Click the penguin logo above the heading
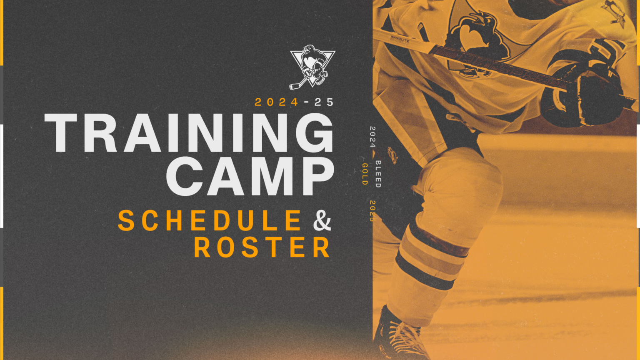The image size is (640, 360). pyautogui.click(x=312, y=67)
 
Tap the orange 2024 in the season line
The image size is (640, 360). pyautogui.click(x=277, y=102)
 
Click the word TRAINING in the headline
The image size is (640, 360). pyautogui.click(x=190, y=133)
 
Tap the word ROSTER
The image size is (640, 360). pyautogui.click(x=262, y=248)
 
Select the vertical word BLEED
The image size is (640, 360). pyautogui.click(x=378, y=174)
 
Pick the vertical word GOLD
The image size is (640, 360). pyautogui.click(x=365, y=174)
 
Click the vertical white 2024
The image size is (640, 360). pyautogui.click(x=372, y=137)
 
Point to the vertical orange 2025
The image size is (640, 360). pyautogui.click(x=372, y=211)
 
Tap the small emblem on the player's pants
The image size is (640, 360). pyautogui.click(x=392, y=155)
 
